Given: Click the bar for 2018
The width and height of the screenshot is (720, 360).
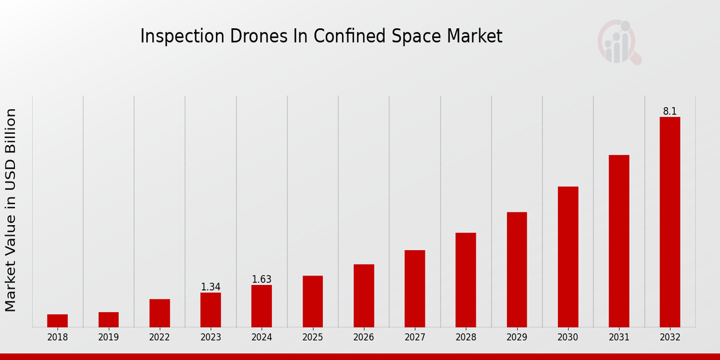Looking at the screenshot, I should (58, 320).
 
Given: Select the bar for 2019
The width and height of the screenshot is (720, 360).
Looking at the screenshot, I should (109, 319).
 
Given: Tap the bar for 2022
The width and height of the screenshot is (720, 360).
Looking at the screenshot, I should (160, 313).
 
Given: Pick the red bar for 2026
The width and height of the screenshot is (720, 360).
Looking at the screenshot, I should (364, 295).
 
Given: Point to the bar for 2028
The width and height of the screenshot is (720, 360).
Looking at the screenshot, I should (466, 280).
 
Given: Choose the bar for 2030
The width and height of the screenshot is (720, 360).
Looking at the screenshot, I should (568, 256).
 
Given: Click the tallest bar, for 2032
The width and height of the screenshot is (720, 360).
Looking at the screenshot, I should (670, 222).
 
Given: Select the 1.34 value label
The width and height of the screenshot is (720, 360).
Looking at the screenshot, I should (211, 287).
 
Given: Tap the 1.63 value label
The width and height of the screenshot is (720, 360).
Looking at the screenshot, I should (262, 279).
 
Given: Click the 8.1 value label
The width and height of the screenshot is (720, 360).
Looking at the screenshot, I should (670, 111).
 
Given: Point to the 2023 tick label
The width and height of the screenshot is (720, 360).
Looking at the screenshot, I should (211, 337).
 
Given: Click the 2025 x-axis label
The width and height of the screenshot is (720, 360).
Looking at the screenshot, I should (313, 337).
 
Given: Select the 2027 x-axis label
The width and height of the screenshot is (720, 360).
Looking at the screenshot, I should (415, 337).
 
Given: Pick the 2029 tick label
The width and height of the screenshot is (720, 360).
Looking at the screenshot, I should (517, 337).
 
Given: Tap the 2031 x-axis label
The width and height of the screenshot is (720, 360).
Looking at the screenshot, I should (619, 337).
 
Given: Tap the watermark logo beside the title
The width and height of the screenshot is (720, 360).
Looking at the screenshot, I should (619, 42).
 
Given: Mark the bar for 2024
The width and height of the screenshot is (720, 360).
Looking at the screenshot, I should (262, 305).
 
